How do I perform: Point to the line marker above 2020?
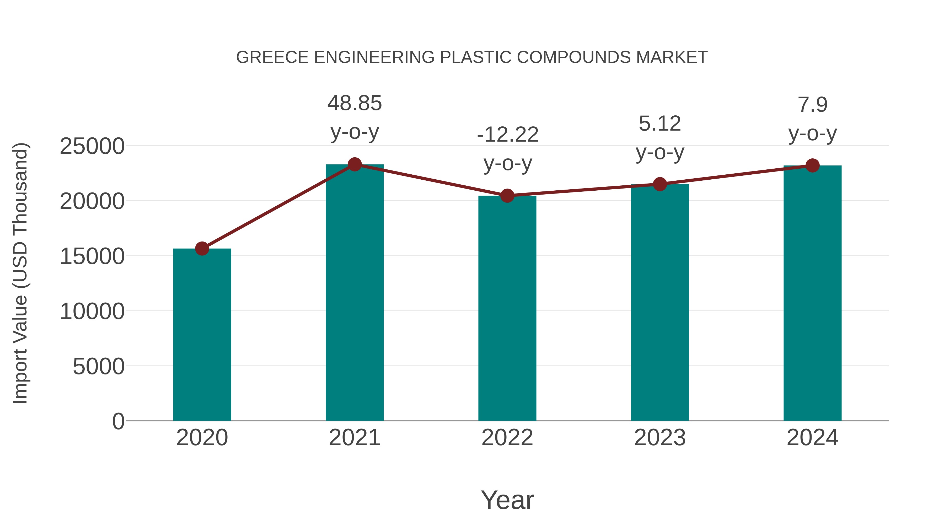click(202, 249)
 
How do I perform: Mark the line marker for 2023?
click(660, 184)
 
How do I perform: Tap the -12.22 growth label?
click(508, 135)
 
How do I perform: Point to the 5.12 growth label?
click(660, 124)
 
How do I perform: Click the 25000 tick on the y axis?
click(92, 146)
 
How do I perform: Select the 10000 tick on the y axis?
click(92, 312)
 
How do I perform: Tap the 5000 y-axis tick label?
click(99, 367)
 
